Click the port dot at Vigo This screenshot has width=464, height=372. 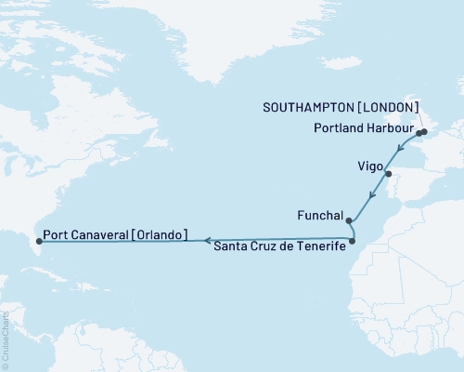coord(389,174)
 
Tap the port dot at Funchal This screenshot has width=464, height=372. coord(348,221)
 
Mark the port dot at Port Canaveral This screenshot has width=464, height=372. coord(38,241)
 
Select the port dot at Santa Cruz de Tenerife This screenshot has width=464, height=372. coord(353,242)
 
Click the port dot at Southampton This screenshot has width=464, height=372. coord(424,132)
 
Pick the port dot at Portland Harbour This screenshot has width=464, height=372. coord(419,133)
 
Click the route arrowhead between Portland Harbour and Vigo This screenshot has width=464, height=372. coord(399,149)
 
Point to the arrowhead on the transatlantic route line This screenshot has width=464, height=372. coord(205,240)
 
